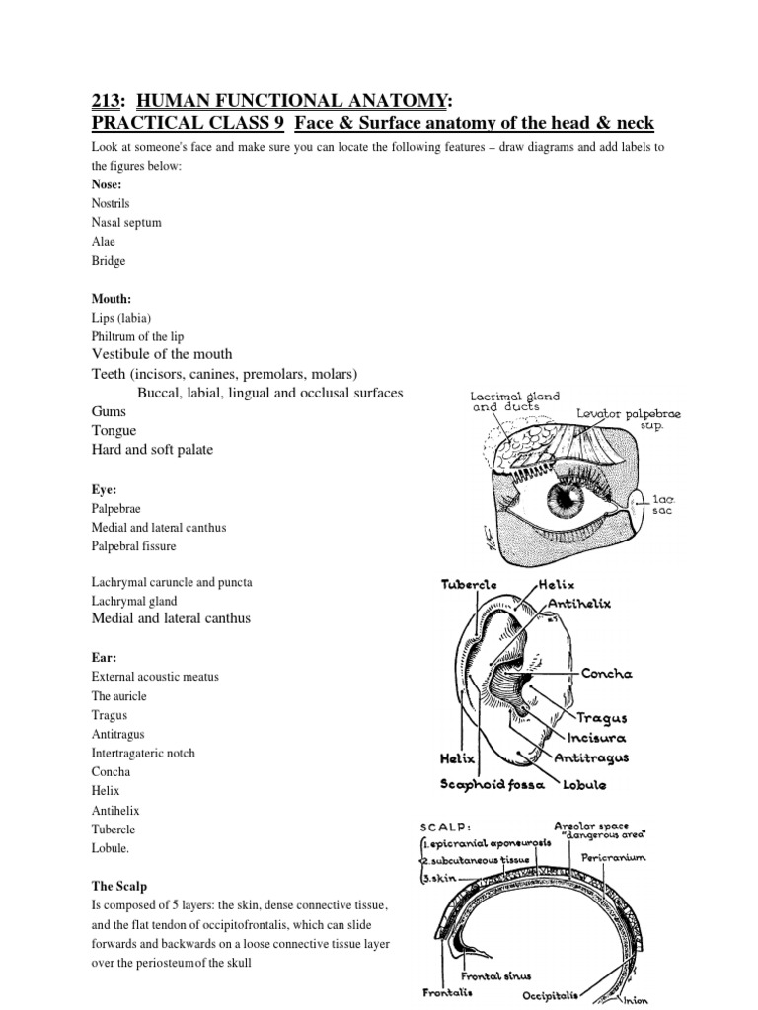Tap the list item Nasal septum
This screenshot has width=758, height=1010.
(x=125, y=223)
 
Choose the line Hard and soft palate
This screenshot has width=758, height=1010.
(x=152, y=450)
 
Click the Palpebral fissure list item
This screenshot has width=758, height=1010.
(x=134, y=545)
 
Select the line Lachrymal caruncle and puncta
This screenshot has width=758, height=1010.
(x=171, y=582)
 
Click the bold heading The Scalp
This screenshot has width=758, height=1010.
(x=118, y=887)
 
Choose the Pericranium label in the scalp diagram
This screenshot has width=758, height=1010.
(x=613, y=858)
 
